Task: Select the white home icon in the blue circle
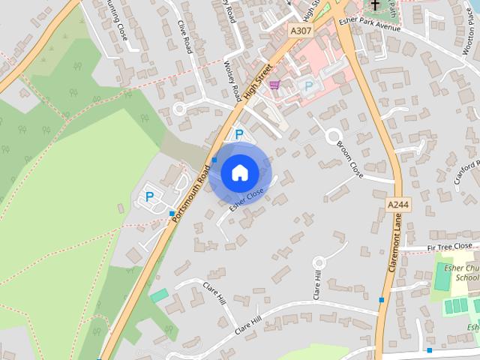[x=239, y=173]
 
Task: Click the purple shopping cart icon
[x=274, y=85]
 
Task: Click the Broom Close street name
[x=350, y=158]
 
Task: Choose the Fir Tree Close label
[x=449, y=246]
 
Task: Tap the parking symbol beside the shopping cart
[x=307, y=86]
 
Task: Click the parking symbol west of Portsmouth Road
[x=149, y=197]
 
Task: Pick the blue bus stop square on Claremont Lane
[x=382, y=300]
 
